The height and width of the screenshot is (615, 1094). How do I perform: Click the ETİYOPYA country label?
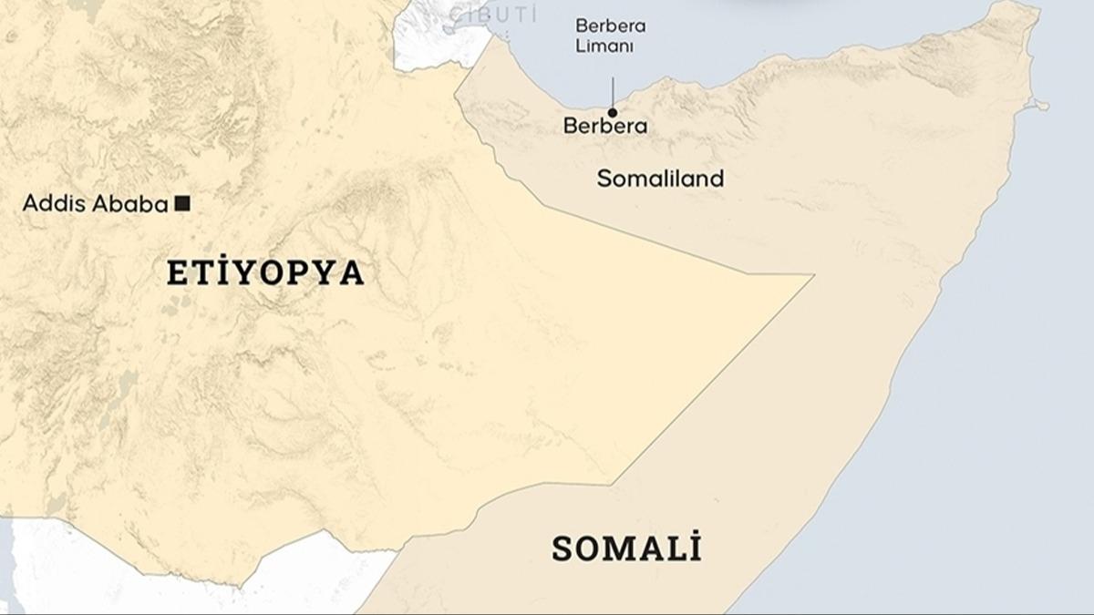(265, 273)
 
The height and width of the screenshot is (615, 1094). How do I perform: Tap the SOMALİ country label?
(626, 548)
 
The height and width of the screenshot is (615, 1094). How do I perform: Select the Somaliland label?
(660, 179)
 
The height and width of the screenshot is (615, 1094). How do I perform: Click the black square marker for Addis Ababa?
(182, 204)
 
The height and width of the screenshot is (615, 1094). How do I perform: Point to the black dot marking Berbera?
(613, 112)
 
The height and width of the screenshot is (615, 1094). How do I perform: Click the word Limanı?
(604, 46)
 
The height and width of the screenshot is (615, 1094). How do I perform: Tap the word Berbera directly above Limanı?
(610, 26)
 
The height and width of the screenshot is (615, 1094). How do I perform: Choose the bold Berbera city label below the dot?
(605, 127)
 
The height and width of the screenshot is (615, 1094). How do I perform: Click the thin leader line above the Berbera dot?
(613, 91)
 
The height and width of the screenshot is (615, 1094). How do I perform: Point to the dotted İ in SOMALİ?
(695, 548)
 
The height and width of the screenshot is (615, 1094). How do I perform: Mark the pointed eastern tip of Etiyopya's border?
(810, 275)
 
